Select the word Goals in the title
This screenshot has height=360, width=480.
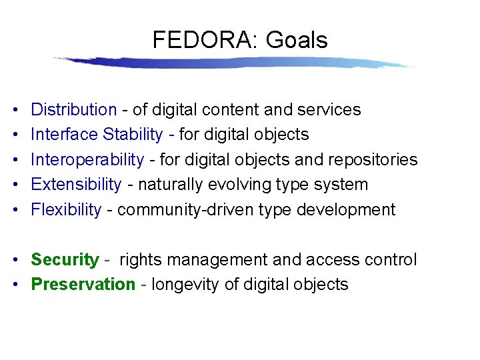tap(297, 41)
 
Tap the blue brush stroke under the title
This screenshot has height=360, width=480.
tap(233, 63)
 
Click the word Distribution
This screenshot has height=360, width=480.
tap(73, 109)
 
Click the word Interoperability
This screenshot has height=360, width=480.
tap(87, 160)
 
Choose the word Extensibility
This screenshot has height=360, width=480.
tap(76, 185)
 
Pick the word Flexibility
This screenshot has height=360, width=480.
tap(66, 210)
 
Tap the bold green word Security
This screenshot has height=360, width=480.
tap(65, 260)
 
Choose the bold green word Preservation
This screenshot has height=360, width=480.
tap(83, 285)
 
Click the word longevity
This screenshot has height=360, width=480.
tap(185, 285)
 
